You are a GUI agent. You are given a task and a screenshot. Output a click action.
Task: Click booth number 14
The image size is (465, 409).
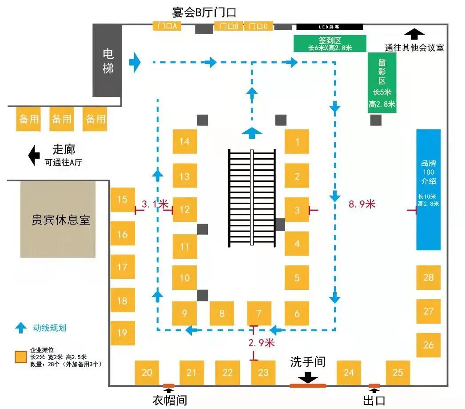185,141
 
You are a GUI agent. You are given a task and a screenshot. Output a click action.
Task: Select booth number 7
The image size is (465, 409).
259,313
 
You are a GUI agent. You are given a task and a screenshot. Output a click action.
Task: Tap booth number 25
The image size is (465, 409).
398,373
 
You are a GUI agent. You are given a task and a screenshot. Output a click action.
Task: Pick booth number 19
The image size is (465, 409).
122,333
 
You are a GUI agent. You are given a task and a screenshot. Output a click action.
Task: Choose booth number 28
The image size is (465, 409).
428,277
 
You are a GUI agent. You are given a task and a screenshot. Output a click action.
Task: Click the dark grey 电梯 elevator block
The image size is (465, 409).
107,60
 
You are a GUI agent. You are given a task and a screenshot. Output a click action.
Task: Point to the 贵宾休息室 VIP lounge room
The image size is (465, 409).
58,219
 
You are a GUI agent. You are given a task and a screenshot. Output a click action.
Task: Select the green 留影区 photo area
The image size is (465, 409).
382,83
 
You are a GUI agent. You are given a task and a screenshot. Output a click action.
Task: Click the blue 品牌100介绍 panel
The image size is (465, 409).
428,190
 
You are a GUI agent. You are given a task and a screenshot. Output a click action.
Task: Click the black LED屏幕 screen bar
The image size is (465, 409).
329,26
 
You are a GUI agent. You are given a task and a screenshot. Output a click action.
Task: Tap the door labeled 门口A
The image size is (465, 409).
167,26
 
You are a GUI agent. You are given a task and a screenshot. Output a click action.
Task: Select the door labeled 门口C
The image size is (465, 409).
258,26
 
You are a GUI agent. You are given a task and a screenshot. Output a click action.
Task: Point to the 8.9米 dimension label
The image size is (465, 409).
362,204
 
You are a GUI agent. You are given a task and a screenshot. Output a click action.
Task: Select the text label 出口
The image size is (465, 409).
374,400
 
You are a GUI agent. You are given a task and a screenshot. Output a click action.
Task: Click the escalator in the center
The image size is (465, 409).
252,198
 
